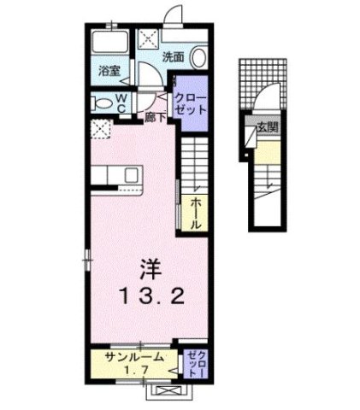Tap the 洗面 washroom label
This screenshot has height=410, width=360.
coord(174,57)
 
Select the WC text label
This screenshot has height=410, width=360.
coord(121,102)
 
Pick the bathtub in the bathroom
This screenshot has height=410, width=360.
coord(110,44)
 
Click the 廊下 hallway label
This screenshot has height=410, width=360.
coord(155,115)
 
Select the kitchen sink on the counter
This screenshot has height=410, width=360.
coord(132,174)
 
